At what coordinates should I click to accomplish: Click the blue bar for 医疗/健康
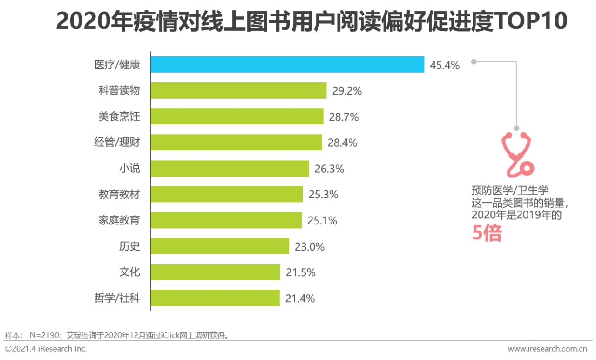(287, 64)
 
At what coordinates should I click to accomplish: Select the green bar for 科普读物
(238, 90)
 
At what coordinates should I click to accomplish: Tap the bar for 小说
(230, 169)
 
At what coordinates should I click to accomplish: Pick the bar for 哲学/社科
(215, 298)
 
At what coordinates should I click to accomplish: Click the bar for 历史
(220, 246)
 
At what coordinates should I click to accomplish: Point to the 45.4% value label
(444, 65)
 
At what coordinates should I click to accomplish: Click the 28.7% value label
(344, 117)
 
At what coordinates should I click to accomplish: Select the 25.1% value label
(322, 221)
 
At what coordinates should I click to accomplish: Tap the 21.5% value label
(300, 272)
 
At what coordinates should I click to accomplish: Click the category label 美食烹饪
(119, 116)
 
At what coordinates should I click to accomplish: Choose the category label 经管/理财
(117, 143)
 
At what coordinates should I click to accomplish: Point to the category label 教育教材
(119, 194)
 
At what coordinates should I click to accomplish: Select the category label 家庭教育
(119, 220)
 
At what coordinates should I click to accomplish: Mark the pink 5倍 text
(487, 233)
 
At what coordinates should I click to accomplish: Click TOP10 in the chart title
(530, 21)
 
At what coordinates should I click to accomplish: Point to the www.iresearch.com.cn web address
(547, 349)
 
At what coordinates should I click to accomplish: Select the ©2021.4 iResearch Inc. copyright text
(46, 349)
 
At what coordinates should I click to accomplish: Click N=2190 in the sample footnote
(45, 335)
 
